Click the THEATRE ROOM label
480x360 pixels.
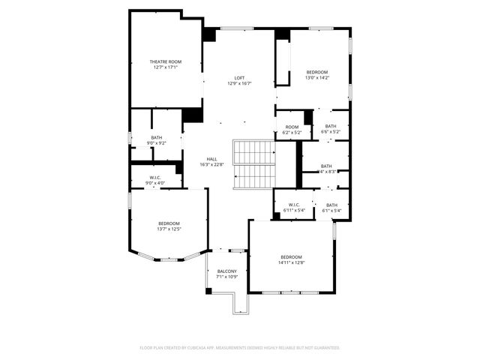pyautogui.click(x=165, y=61)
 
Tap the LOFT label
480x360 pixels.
pyautogui.click(x=239, y=78)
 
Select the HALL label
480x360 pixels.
pyautogui.click(x=212, y=159)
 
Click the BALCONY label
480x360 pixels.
pyautogui.click(x=226, y=271)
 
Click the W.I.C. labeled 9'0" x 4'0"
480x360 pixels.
pyautogui.click(x=156, y=178)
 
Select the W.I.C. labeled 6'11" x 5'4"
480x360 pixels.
pyautogui.click(x=293, y=205)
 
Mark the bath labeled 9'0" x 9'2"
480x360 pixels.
pyautogui.click(x=156, y=137)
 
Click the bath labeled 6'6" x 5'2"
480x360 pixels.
pyautogui.click(x=331, y=126)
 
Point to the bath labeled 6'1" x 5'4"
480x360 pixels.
pyautogui.click(x=331, y=205)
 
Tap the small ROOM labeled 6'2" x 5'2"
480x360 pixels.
pyautogui.click(x=292, y=127)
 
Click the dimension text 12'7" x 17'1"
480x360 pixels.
pyautogui.click(x=165, y=67)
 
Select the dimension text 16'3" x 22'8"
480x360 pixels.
pyautogui.click(x=212, y=165)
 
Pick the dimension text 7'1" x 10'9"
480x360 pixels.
pyautogui.click(x=226, y=277)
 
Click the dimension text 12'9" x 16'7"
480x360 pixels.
pyautogui.click(x=239, y=83)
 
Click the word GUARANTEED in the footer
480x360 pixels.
pyautogui.click(x=325, y=348)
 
